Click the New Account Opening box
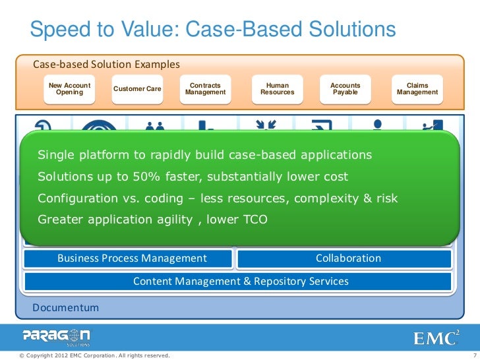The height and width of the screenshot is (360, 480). pos(69,89)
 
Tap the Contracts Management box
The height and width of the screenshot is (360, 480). pos(205,89)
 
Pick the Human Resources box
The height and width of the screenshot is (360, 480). pos(277,89)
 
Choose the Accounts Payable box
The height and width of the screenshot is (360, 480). pos(345,89)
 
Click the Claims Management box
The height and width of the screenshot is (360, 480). pos(417,89)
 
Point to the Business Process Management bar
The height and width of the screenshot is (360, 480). pos(132,258)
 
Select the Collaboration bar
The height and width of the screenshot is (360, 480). pos(347,258)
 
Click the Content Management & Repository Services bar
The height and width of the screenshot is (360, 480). pos(240,282)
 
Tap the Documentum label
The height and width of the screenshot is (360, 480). pos(66,308)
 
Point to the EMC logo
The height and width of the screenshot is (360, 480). pos(436,338)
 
